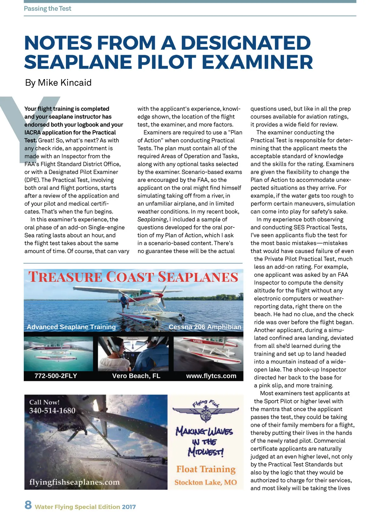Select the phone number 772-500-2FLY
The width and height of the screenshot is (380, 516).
click(56, 376)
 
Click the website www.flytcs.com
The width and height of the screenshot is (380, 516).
click(211, 376)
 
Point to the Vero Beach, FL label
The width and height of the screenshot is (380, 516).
click(136, 376)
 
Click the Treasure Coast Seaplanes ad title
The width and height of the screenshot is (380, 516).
click(133, 277)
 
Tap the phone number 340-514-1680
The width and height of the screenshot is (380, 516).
click(52, 411)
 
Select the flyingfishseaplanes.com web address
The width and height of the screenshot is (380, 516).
click(74, 482)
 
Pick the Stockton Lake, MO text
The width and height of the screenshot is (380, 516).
click(206, 482)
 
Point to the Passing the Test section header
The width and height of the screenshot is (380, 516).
click(47, 9)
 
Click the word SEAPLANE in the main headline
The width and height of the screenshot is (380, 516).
click(78, 62)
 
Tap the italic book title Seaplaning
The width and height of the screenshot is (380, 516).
click(152, 220)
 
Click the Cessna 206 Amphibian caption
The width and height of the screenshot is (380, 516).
click(205, 327)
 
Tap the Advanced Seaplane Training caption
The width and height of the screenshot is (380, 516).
click(71, 327)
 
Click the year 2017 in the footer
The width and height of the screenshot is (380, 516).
click(129, 507)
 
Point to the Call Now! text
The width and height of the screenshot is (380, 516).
click(44, 402)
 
